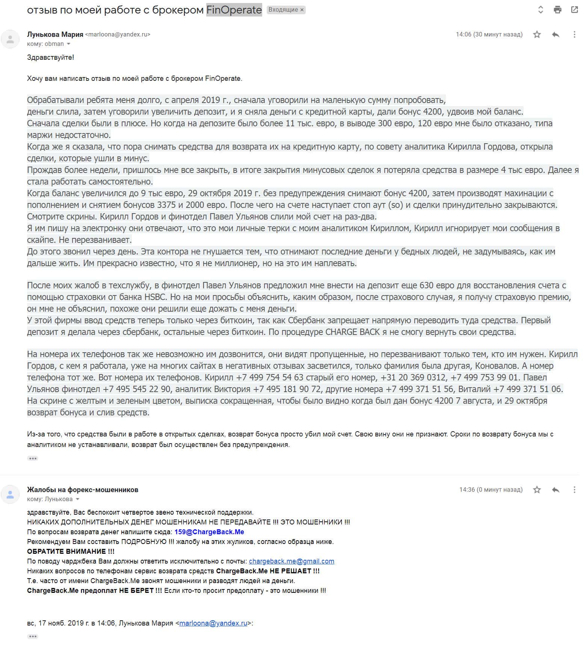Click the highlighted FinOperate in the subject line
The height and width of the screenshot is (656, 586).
234,10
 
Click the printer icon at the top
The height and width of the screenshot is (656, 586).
557,10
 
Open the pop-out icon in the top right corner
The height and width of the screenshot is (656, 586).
574,10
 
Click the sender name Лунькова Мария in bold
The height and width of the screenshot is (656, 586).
55,35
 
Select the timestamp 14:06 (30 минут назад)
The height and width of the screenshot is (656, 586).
489,35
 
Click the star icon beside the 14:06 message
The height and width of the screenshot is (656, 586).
537,35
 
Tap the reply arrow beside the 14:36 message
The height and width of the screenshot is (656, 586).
556,489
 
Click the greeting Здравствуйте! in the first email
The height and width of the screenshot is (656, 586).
50,58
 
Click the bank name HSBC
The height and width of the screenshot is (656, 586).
155,297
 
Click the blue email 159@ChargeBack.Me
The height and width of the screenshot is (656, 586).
209,532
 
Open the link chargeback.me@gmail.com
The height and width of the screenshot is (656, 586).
291,561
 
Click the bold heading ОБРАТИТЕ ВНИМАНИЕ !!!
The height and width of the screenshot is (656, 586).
71,551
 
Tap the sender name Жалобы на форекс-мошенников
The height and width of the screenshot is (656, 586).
83,489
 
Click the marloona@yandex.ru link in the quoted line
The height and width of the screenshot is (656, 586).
213,623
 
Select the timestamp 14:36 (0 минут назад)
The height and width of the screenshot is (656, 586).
491,489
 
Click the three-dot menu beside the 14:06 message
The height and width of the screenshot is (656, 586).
574,35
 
